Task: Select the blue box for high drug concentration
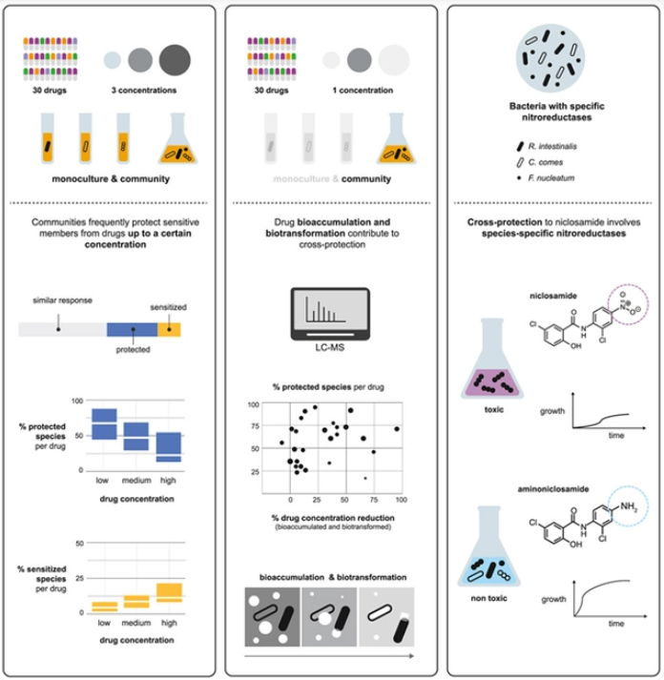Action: (168, 446)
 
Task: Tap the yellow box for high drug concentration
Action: (168, 591)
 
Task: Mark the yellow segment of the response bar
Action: (169, 329)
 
